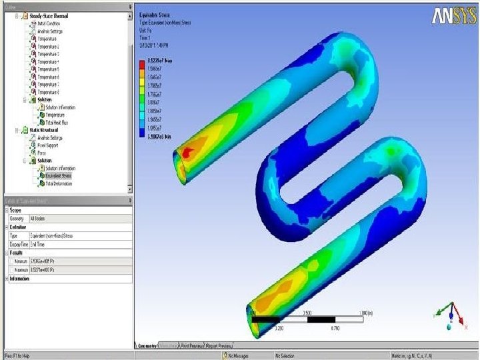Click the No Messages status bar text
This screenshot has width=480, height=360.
click(x=240, y=356)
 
